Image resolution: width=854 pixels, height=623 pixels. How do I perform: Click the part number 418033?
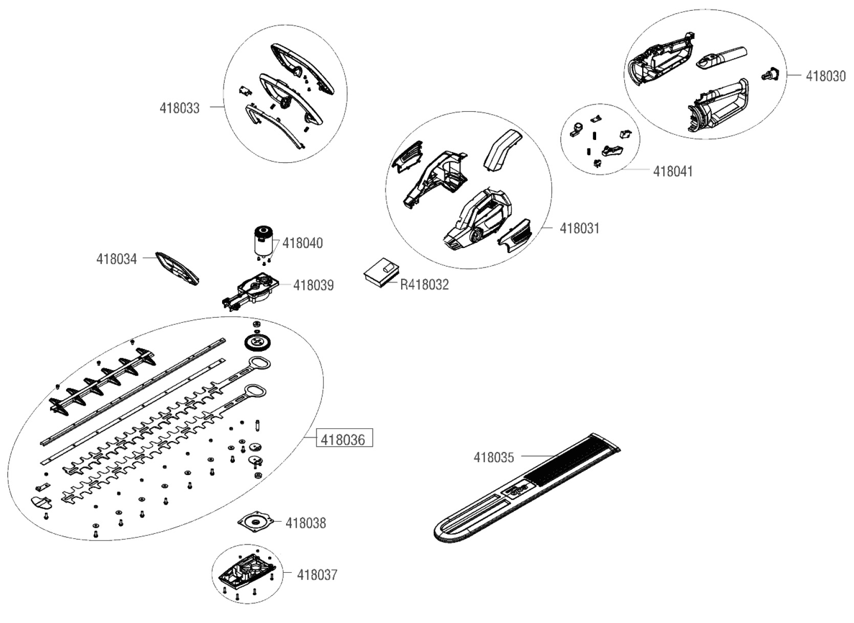[x=180, y=108]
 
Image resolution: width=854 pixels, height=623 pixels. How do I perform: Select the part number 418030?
[x=826, y=76]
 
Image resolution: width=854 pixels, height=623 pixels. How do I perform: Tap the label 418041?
[x=673, y=171]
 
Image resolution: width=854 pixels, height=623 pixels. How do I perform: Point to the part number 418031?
[x=579, y=228]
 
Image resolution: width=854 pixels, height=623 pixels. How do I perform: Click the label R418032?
[x=424, y=284]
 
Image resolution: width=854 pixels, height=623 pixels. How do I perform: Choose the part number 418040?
[x=302, y=243]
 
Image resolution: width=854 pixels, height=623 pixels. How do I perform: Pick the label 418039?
[x=313, y=285]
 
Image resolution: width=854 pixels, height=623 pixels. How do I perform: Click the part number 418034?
[x=117, y=259]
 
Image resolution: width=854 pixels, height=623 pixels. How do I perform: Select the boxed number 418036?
[x=343, y=439]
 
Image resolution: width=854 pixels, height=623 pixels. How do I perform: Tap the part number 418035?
[x=494, y=457]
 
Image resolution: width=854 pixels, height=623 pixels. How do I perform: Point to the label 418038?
[x=305, y=523]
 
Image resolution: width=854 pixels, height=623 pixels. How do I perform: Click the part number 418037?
[x=317, y=575]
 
